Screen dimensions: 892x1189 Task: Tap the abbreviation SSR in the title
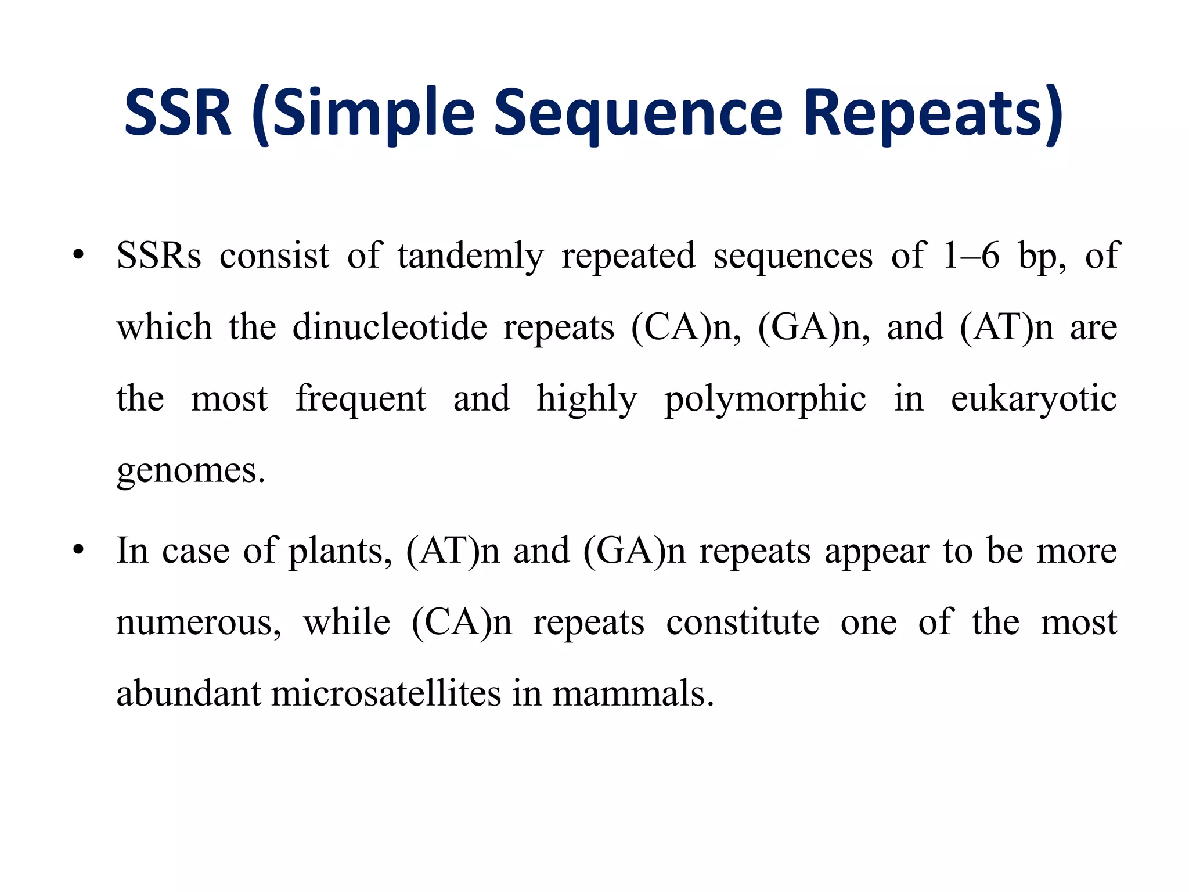(x=178, y=113)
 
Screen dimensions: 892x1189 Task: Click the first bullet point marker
(x=79, y=256)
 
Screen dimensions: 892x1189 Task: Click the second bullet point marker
(x=79, y=550)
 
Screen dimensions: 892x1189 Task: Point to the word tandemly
(x=470, y=256)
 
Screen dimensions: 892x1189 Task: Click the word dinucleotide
(x=390, y=327)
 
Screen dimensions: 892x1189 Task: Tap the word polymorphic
(x=765, y=400)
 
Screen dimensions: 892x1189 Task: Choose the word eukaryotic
(x=1033, y=400)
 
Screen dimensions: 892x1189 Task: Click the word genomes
(x=190, y=470)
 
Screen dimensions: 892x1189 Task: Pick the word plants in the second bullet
(x=340, y=551)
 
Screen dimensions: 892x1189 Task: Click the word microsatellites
(x=385, y=693)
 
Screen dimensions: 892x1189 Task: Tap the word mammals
(x=632, y=693)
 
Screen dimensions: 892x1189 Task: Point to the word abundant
(x=189, y=693)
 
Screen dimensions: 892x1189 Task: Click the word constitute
(x=743, y=623)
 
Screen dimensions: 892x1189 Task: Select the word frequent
(x=361, y=400)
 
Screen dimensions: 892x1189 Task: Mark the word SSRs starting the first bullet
(x=158, y=256)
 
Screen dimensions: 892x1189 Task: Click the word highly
(x=587, y=400)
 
